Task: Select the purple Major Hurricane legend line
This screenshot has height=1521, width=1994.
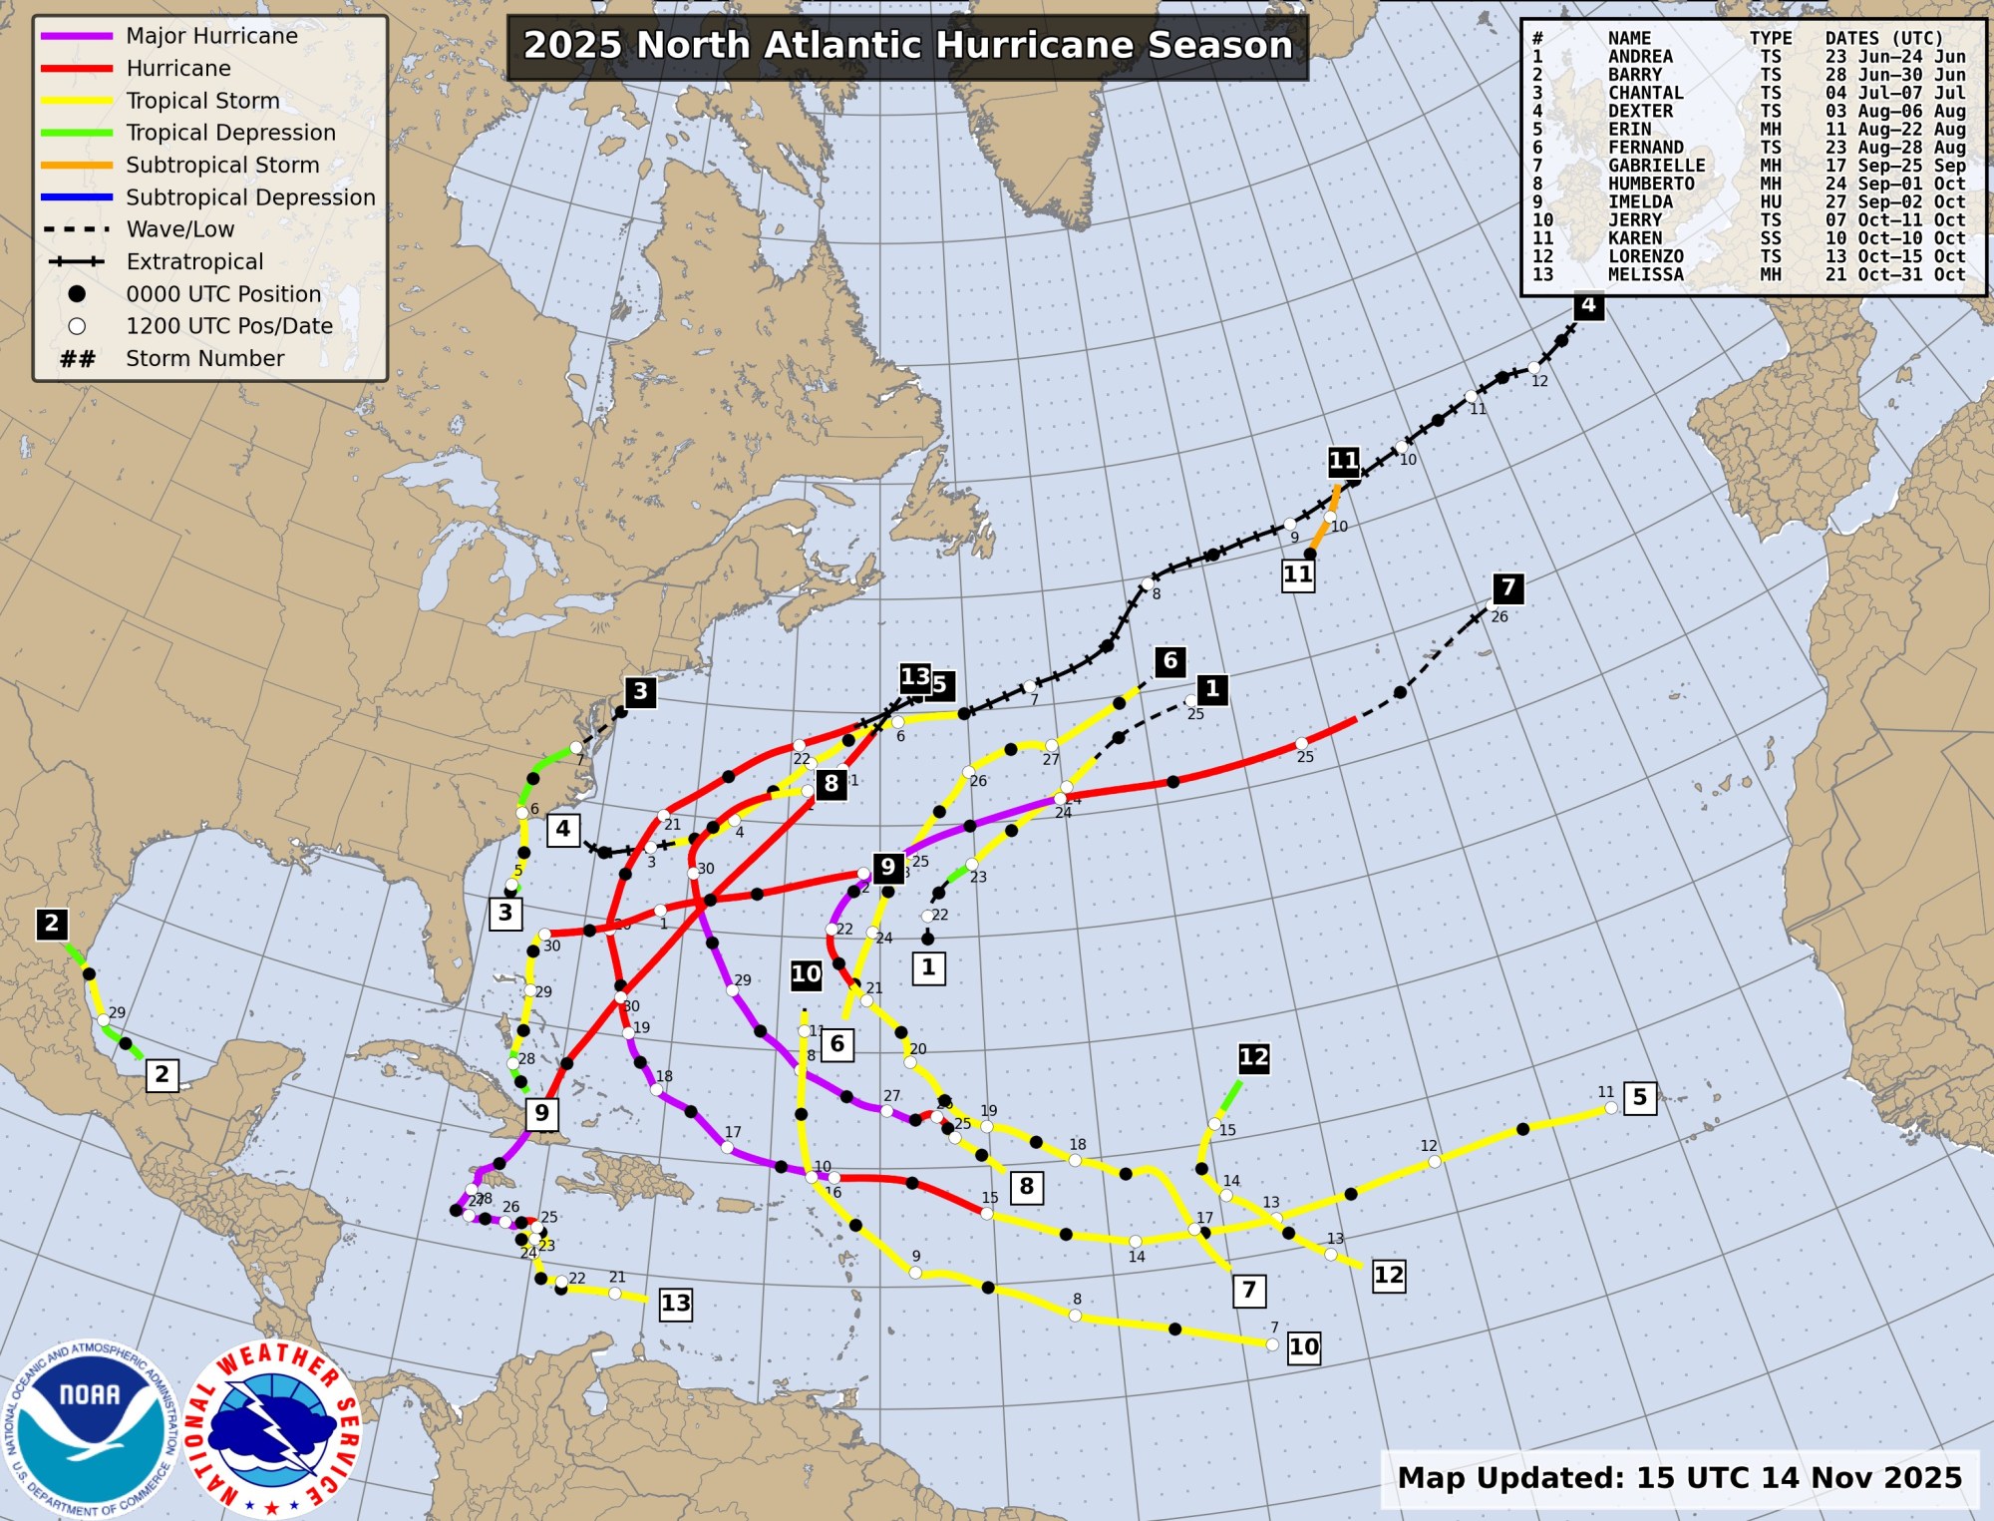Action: coord(77,37)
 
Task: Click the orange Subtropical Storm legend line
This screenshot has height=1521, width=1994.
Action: coord(77,166)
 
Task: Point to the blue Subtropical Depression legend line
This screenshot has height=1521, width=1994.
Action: coord(77,197)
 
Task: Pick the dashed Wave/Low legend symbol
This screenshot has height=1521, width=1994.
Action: coord(77,229)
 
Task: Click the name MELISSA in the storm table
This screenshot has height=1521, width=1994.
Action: coord(1645,274)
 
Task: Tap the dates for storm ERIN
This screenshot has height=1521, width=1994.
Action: coord(1894,130)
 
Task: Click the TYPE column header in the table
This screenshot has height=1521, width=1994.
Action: coord(1770,39)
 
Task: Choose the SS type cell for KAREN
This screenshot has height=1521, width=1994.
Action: coord(1770,238)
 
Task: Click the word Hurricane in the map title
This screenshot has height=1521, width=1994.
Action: coord(1037,46)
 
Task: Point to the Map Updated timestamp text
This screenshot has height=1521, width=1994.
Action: coord(1679,1477)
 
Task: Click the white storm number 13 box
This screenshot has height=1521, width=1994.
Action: coord(675,1304)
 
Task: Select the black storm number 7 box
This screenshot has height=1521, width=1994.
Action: coord(1508,588)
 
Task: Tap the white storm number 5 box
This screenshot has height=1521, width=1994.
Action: coord(1640,1097)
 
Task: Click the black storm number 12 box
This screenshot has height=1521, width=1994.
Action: coord(1253,1057)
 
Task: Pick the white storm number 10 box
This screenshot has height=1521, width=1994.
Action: coord(1303,1347)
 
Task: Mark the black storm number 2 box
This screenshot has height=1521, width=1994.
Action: coord(52,924)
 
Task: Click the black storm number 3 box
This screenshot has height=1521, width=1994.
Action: coord(641,691)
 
